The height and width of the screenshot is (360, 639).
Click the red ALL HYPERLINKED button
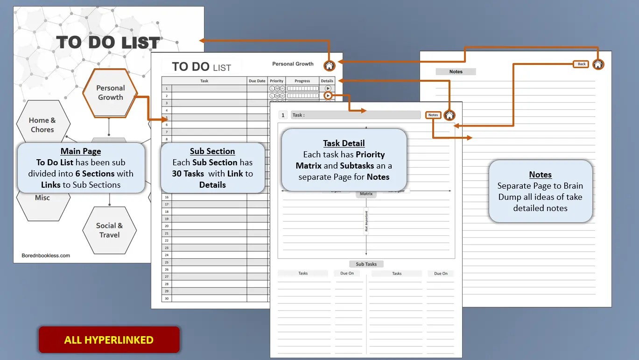pyautogui.click(x=109, y=339)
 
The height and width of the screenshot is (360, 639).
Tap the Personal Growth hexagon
pyautogui.click(x=110, y=92)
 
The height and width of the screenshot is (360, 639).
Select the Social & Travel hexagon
pyautogui.click(x=110, y=230)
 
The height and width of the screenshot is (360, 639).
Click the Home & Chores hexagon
pyautogui.click(x=42, y=125)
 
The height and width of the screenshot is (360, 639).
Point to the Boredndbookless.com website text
pyautogui.click(x=46, y=255)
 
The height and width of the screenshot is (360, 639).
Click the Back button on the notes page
pyautogui.click(x=581, y=64)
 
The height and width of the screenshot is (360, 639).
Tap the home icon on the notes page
pyautogui.click(x=598, y=64)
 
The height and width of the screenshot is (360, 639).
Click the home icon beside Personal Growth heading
pyautogui.click(x=330, y=66)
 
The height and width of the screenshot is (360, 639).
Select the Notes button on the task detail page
pyautogui.click(x=433, y=115)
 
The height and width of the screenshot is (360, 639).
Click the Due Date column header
pyautogui.click(x=257, y=81)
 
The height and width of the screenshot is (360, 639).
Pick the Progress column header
pyautogui.click(x=302, y=81)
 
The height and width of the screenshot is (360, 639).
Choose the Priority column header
pyautogui.click(x=277, y=81)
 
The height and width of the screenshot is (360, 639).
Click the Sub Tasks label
pyautogui.click(x=366, y=264)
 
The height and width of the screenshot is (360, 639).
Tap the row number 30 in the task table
pyautogui.click(x=167, y=298)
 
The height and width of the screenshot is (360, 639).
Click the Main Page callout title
pyautogui.click(x=81, y=151)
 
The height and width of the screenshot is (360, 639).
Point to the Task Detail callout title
pyautogui.click(x=344, y=143)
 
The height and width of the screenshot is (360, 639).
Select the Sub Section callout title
pyautogui.click(x=212, y=151)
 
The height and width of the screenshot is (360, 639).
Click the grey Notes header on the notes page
pyautogui.click(x=456, y=71)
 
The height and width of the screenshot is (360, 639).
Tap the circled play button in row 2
pyautogui.click(x=328, y=95)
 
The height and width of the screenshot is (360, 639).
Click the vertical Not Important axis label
pyautogui.click(x=366, y=221)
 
